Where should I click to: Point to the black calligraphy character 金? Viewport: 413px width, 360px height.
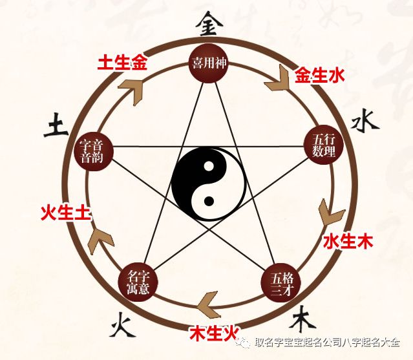(x=208, y=24)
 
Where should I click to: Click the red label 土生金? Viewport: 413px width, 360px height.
(x=122, y=63)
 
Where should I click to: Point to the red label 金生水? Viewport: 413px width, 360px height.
(x=319, y=76)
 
